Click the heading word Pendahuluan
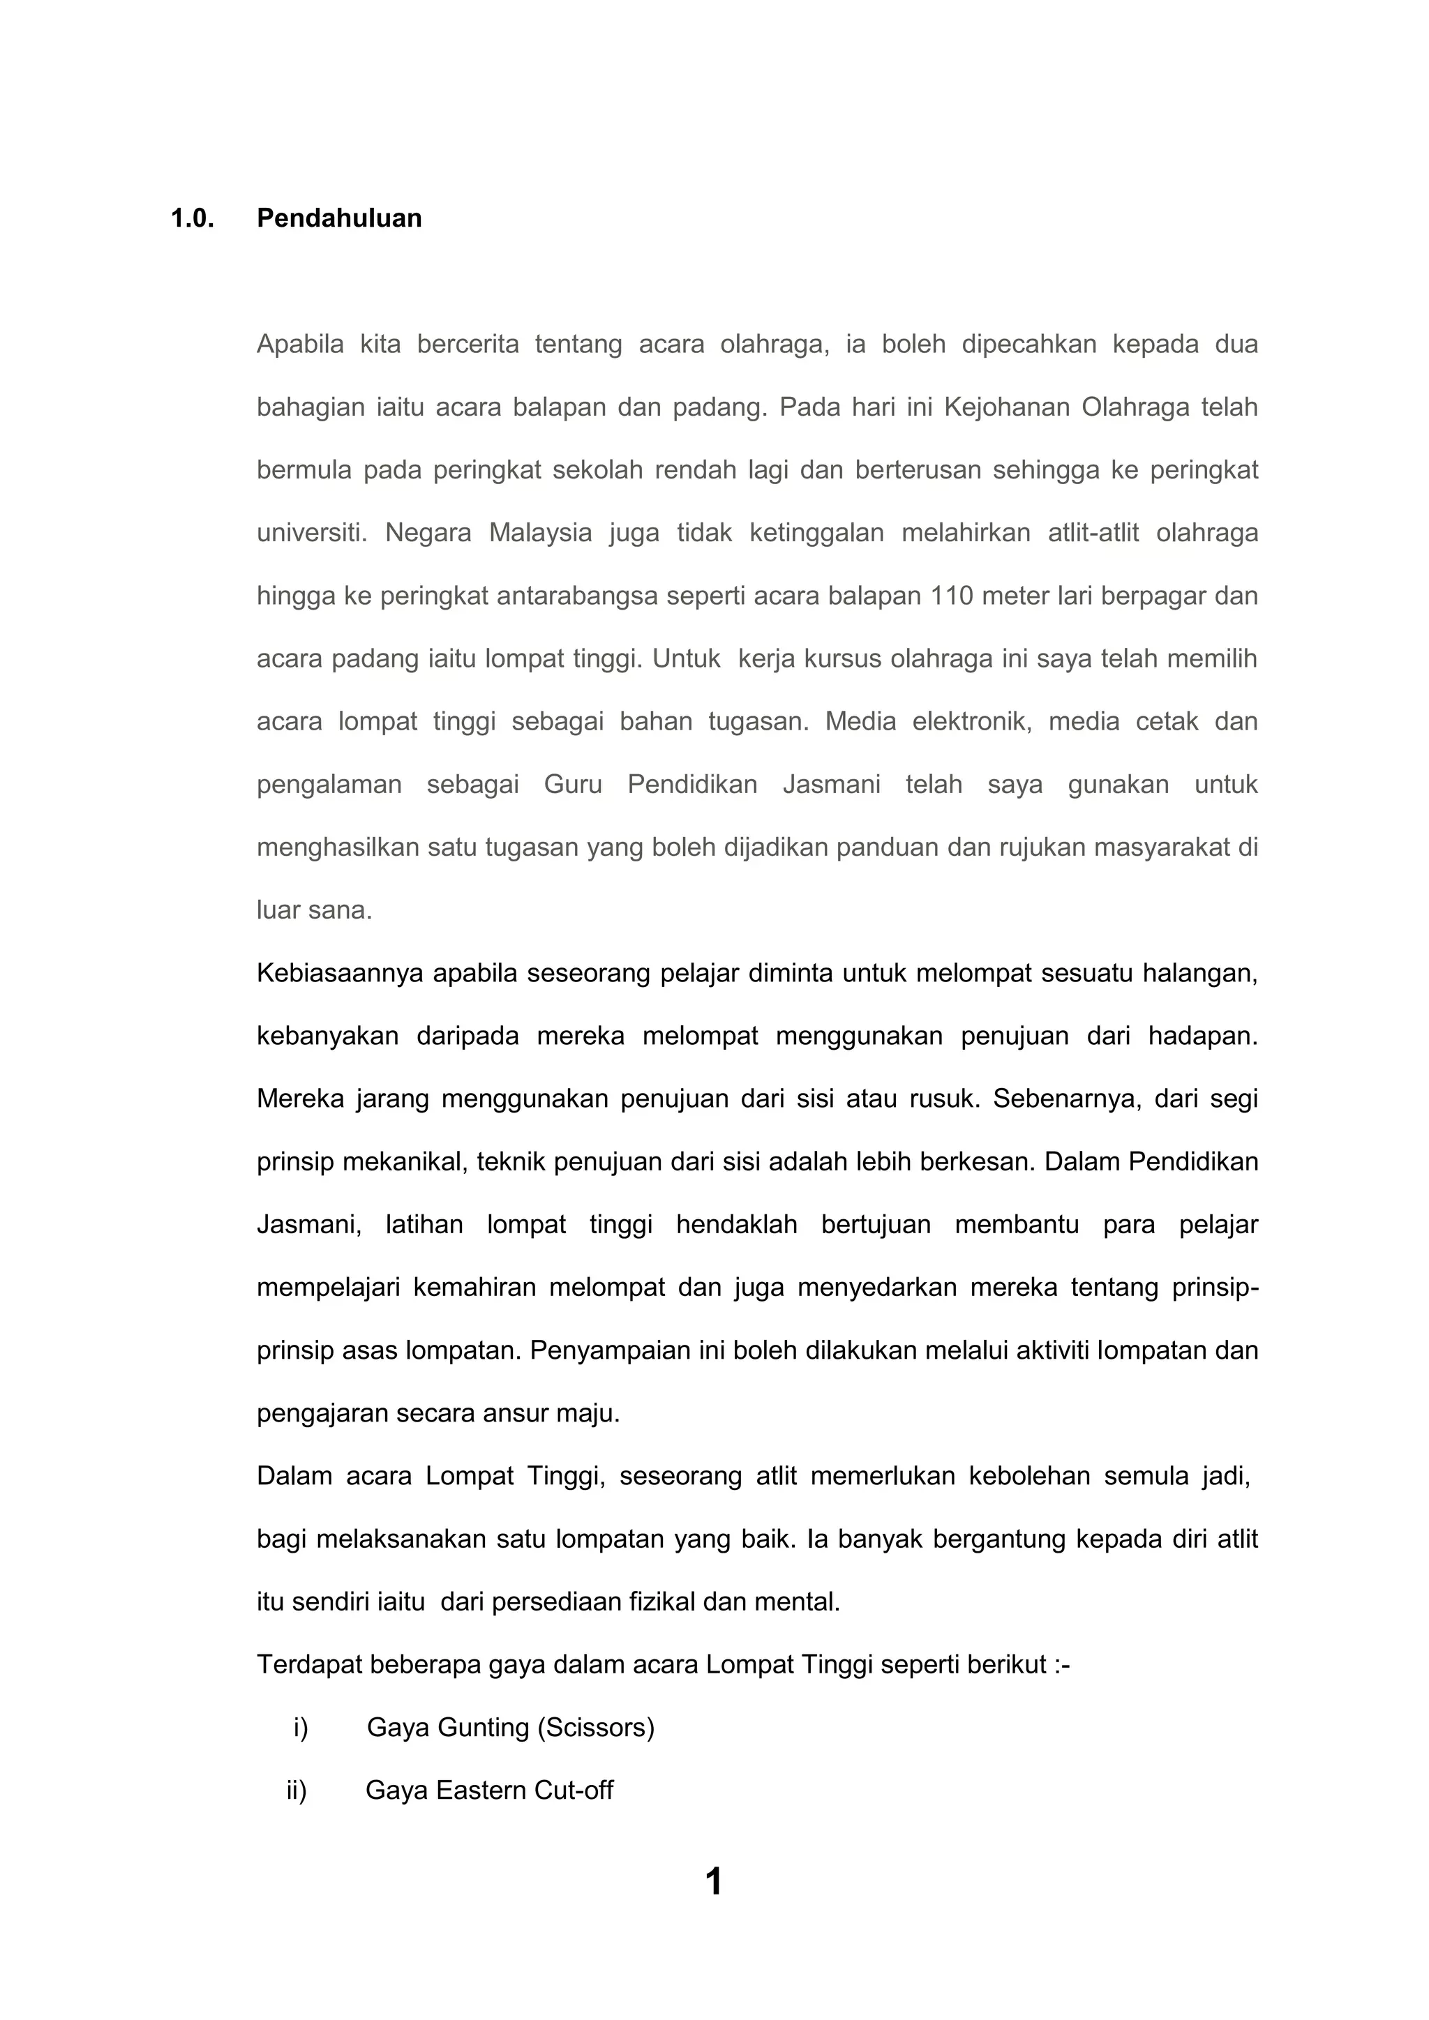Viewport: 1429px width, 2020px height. pos(339,218)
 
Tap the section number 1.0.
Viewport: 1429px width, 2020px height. pos(192,218)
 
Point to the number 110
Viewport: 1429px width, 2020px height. pos(952,596)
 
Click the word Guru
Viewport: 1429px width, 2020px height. pos(573,785)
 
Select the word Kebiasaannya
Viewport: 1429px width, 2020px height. pos(340,974)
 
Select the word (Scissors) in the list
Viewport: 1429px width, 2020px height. pos(594,1728)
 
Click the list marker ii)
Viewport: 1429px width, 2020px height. pos(297,1791)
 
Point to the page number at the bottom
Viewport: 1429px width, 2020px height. pos(714,1882)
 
